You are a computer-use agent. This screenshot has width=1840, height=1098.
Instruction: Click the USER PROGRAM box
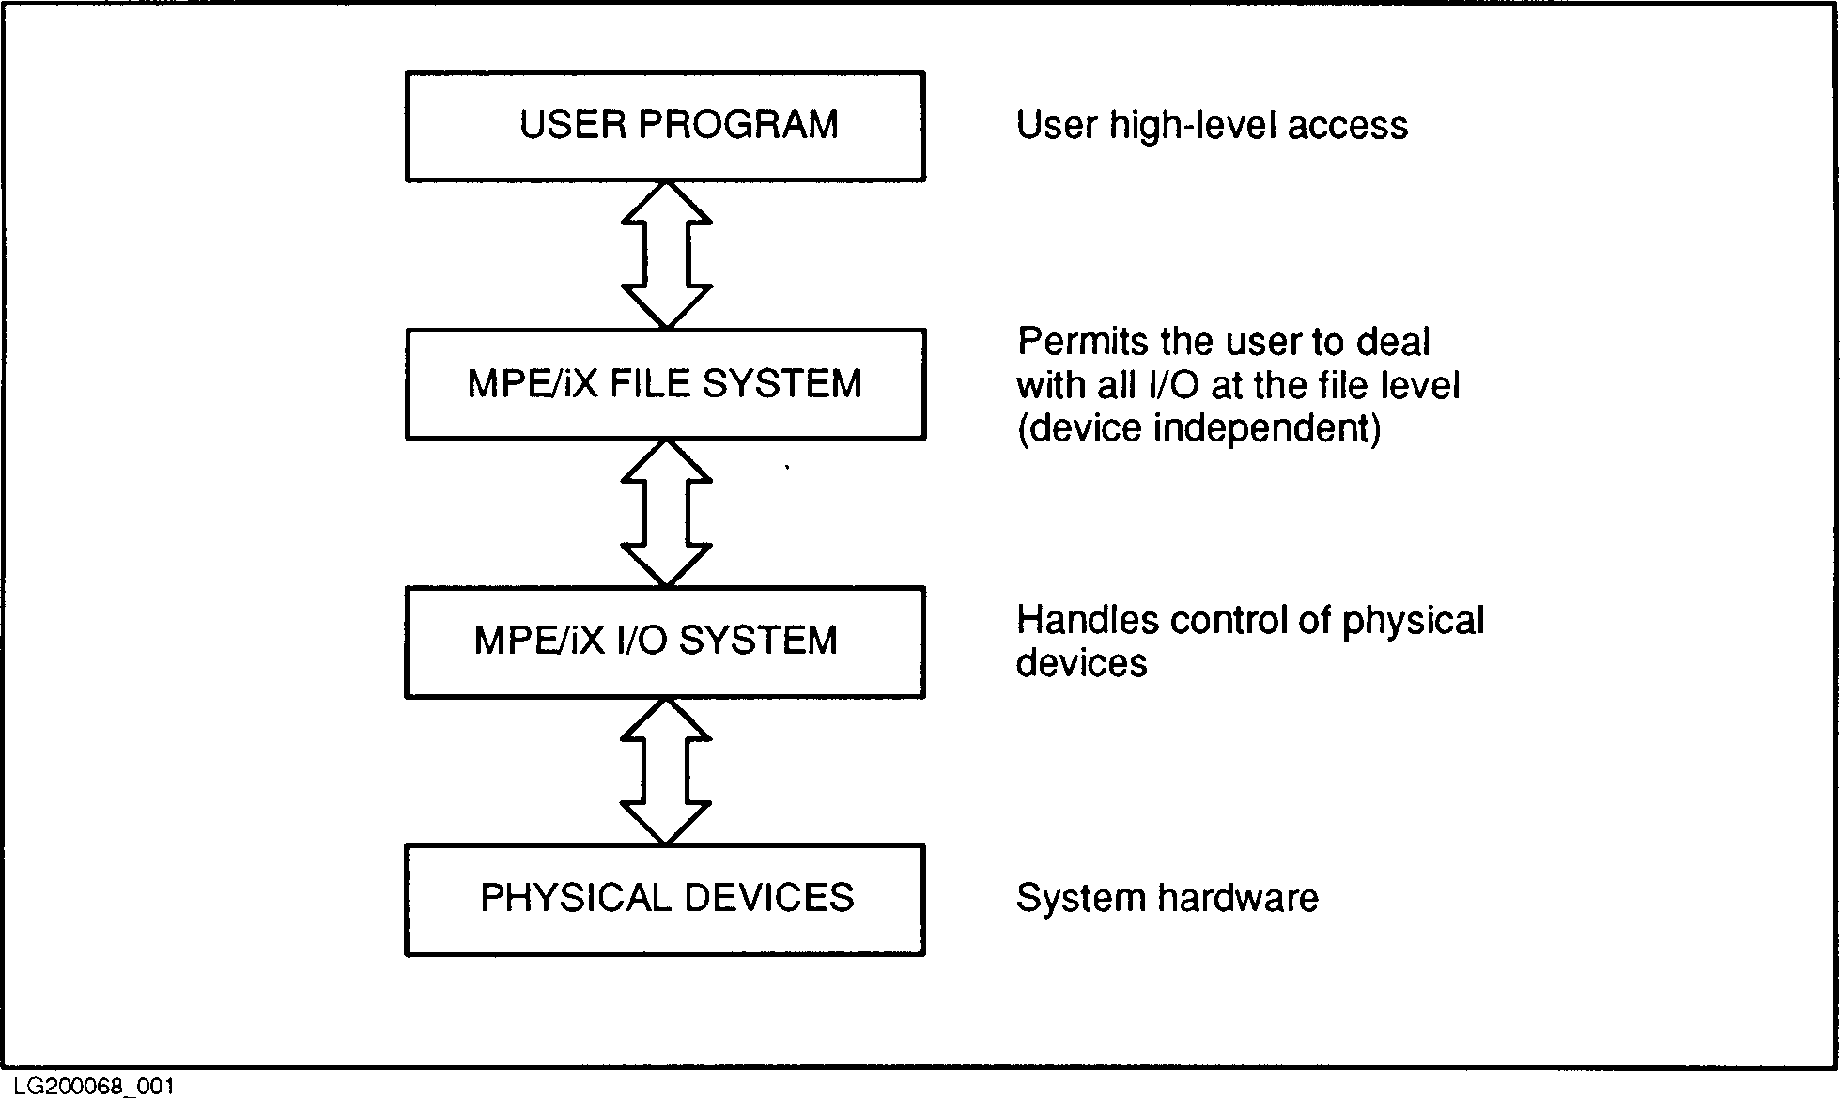tap(665, 127)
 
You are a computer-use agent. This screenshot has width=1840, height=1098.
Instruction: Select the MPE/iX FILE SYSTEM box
tap(665, 384)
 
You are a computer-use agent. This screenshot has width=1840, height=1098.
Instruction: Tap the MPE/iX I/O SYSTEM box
tap(665, 642)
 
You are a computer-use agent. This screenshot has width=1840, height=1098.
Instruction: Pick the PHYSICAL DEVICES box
tap(665, 900)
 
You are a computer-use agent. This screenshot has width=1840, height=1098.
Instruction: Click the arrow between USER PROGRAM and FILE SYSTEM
tap(666, 255)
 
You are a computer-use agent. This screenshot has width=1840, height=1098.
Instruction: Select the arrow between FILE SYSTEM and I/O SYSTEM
tap(666, 513)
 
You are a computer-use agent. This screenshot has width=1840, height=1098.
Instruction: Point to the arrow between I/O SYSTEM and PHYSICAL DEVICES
tap(666, 771)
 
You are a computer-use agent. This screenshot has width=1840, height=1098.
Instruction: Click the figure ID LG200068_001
tap(94, 1086)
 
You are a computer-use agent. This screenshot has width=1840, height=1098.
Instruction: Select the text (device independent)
tap(1199, 429)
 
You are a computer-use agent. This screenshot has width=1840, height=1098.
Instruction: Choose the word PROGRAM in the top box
tap(738, 125)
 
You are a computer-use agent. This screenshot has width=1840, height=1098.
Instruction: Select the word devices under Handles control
tap(1082, 664)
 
